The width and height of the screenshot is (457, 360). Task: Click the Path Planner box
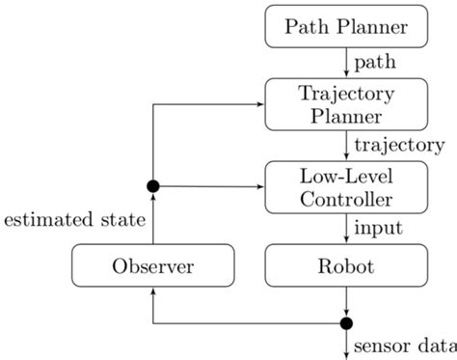(346, 26)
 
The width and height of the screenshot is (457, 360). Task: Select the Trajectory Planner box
(346, 104)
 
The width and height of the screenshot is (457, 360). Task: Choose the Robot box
(346, 264)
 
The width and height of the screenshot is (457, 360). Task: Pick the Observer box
(154, 264)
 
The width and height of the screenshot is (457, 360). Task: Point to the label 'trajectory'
(398, 146)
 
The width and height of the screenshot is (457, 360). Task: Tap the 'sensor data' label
(404, 346)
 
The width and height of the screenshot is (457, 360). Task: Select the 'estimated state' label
(73, 221)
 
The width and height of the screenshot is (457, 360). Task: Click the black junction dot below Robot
(346, 322)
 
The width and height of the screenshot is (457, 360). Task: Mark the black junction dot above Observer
(152, 184)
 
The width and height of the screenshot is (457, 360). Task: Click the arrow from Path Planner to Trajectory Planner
(346, 64)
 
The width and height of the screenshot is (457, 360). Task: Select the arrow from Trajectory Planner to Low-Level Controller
(346, 145)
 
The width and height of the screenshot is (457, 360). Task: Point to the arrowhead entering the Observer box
(152, 291)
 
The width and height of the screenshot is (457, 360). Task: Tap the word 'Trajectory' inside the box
(346, 94)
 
